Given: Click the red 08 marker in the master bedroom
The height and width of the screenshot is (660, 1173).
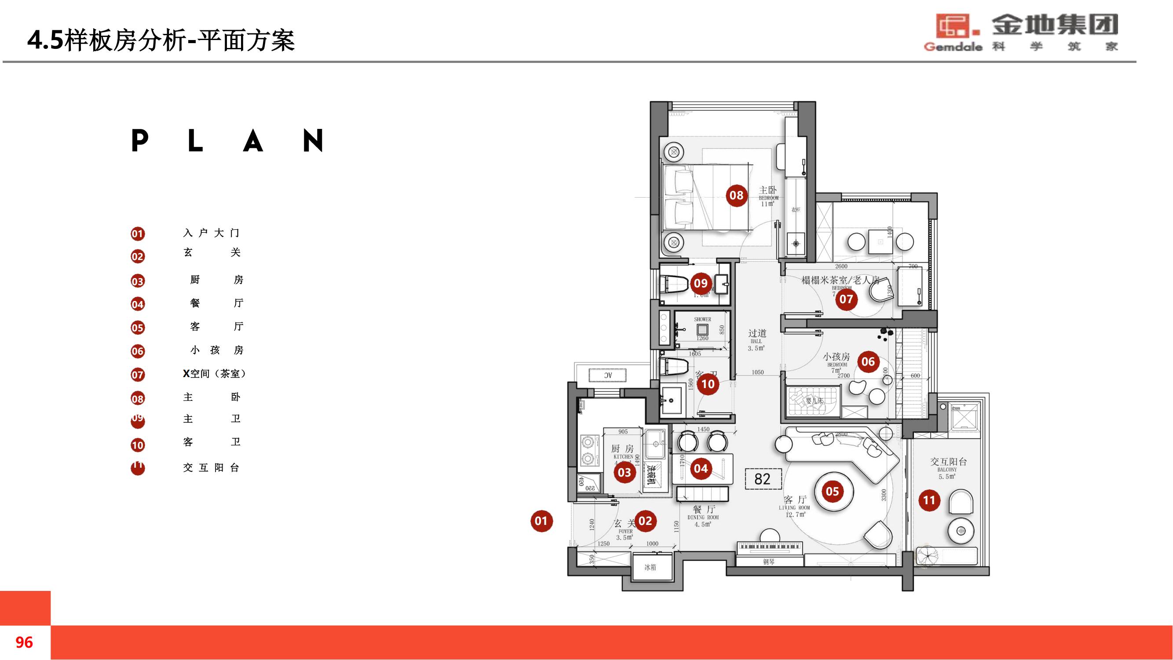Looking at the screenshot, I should coord(736,195).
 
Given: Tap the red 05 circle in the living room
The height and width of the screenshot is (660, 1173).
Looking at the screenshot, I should coord(833,491).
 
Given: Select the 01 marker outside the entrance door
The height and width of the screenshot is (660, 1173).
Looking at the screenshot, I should coord(541,521).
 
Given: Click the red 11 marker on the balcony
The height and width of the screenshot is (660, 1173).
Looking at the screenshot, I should coord(929,501).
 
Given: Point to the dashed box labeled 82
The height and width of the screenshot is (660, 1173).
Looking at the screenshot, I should coord(763,479).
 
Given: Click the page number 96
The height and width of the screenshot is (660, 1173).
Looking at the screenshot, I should coord(24,642).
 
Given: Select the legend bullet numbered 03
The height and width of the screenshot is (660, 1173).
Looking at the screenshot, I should coord(138,282).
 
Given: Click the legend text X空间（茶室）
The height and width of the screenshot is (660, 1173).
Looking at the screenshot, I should coord(215,374).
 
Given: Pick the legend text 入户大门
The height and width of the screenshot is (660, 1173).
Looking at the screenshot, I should coord(211,233).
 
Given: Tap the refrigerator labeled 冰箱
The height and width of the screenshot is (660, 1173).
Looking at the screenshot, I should coord(650,567).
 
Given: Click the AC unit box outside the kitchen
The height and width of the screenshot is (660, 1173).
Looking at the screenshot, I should coord(608,375).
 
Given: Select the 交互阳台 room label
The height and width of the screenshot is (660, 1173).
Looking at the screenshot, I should coord(948,462).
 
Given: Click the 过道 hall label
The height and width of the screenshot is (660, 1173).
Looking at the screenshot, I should coord(757,334).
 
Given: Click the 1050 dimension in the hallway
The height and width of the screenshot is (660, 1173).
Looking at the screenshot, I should coord(758,372).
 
